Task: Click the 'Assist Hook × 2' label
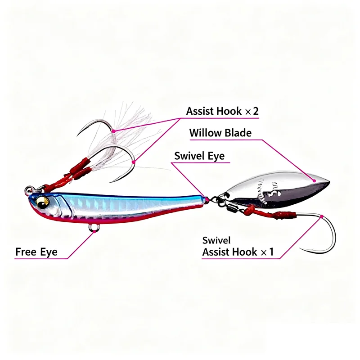[222, 112]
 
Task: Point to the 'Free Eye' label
[36, 252]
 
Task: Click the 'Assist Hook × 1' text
[238, 252]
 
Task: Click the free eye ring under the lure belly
[94, 228]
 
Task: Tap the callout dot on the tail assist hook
[323, 216]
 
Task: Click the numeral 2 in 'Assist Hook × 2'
[256, 112]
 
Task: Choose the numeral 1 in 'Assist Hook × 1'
[271, 252]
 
